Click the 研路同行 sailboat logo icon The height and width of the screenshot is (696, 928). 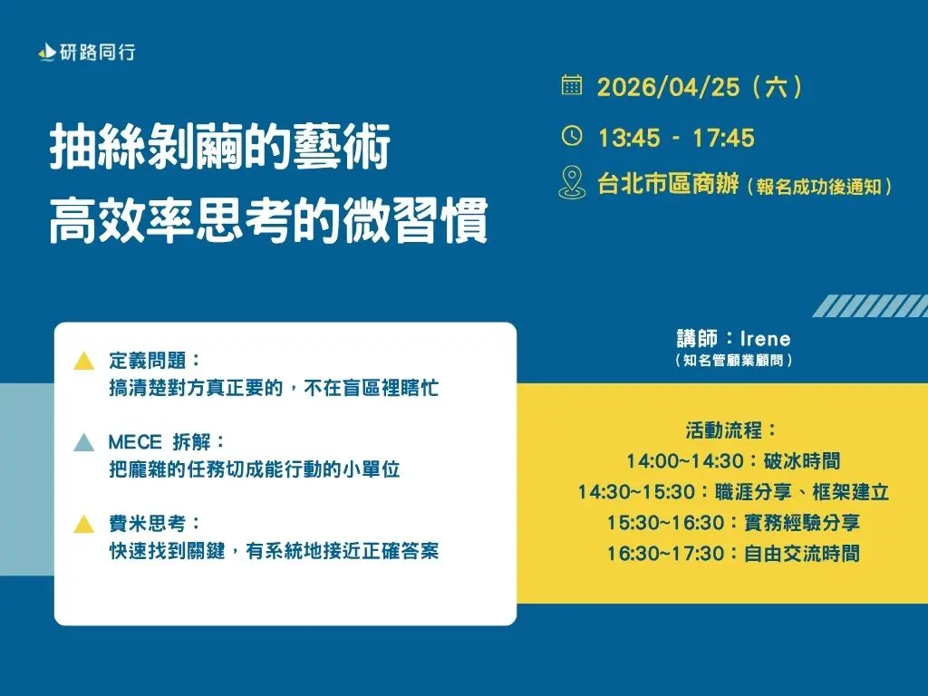click(x=46, y=53)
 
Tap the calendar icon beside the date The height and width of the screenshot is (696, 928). click(x=572, y=86)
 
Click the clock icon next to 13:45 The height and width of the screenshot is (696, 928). click(x=572, y=136)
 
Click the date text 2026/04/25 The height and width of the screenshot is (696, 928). click(x=666, y=88)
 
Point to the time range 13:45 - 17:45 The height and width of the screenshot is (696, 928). click(x=676, y=138)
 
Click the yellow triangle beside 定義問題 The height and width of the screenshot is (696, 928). click(x=83, y=362)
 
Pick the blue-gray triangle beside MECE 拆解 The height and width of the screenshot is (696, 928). click(x=83, y=443)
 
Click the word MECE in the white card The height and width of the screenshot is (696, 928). click(x=135, y=442)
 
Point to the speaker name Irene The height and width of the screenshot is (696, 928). click(x=766, y=339)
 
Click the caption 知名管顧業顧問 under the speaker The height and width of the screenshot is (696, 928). click(x=734, y=361)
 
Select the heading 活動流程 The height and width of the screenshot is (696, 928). click(x=732, y=430)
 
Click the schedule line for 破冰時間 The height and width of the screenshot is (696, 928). click(x=733, y=461)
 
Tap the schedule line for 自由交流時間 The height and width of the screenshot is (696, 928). click(x=733, y=553)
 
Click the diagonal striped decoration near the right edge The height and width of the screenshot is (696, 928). click(x=870, y=305)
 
